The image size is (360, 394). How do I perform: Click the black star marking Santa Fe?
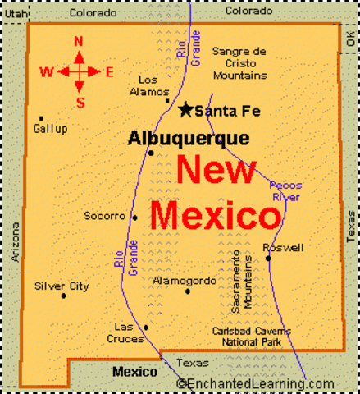(186, 109)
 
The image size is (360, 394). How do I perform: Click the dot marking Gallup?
(41, 118)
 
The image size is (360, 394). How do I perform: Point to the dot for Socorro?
(134, 218)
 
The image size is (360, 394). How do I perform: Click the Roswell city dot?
(268, 258)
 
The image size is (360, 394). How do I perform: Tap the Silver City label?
(62, 286)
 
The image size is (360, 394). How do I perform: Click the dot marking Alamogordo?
(187, 291)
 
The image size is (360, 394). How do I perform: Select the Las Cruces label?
(129, 332)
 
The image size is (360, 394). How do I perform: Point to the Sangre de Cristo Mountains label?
(239, 63)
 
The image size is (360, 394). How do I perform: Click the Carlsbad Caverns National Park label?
(248, 337)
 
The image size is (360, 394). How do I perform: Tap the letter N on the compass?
(79, 41)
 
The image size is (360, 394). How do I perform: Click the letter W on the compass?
(47, 71)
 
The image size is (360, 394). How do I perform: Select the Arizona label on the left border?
(14, 241)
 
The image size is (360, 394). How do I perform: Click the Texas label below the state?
(194, 362)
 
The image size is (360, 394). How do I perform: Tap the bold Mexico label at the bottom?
(134, 372)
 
